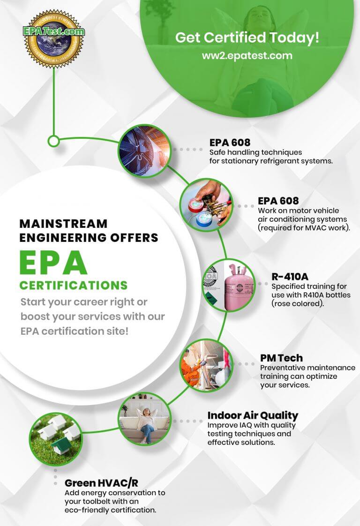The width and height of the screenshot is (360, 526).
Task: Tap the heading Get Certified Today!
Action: tap(247, 38)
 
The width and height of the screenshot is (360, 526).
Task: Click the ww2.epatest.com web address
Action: tap(247, 55)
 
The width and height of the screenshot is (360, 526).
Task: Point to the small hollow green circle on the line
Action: tap(54, 140)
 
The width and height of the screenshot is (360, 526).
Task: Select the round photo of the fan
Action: tap(143, 150)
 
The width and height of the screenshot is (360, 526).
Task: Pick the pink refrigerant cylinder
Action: tap(236, 286)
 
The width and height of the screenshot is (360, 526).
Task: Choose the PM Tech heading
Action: tap(281, 358)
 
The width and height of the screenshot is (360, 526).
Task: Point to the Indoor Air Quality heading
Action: tap(253, 415)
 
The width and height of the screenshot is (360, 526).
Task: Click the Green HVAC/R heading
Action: tap(101, 483)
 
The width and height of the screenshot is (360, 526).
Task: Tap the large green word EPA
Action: tap(53, 263)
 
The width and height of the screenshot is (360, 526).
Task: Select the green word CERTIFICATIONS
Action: tap(73, 285)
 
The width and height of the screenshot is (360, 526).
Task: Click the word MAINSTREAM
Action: tap(63, 224)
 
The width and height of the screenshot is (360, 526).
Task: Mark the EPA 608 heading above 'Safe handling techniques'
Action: tap(230, 143)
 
